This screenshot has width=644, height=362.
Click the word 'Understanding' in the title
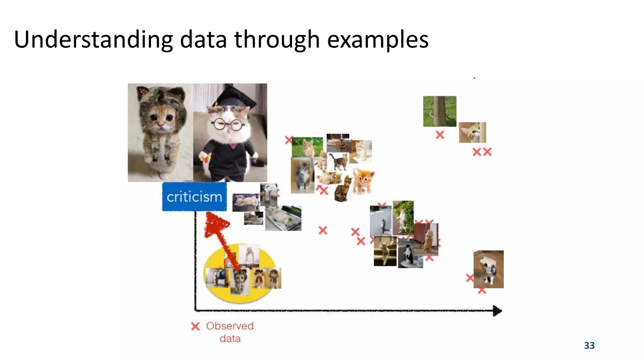tap(93, 40)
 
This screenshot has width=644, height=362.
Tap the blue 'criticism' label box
tap(194, 197)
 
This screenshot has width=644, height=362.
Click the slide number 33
tap(589, 345)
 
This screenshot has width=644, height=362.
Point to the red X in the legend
tap(195, 326)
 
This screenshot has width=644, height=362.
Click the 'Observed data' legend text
tap(230, 332)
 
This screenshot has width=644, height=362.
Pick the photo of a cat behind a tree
tap(440, 111)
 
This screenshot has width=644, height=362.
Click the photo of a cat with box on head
tap(488, 269)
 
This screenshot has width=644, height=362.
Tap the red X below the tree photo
tap(440, 135)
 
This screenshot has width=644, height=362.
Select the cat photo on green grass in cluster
tap(307, 147)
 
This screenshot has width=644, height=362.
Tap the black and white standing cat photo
tap(410, 253)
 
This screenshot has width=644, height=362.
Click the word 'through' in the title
tap(277, 40)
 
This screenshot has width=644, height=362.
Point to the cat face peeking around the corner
tap(472, 132)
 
